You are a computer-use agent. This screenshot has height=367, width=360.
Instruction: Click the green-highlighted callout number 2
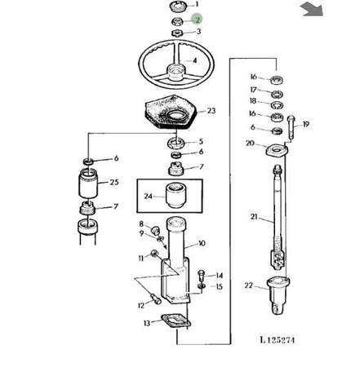(197, 20)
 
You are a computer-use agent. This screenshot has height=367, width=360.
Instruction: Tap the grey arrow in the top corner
(312, 9)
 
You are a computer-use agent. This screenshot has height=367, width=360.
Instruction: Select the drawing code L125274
(278, 340)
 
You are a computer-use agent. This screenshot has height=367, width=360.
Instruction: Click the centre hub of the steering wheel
(176, 72)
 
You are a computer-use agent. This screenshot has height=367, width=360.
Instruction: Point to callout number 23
(211, 111)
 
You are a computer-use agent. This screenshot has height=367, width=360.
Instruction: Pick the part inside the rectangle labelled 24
(176, 195)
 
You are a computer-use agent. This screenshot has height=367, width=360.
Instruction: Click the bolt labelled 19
(291, 127)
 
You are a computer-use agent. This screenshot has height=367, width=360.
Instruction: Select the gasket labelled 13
(176, 321)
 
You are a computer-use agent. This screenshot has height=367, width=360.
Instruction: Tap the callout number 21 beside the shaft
(254, 217)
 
